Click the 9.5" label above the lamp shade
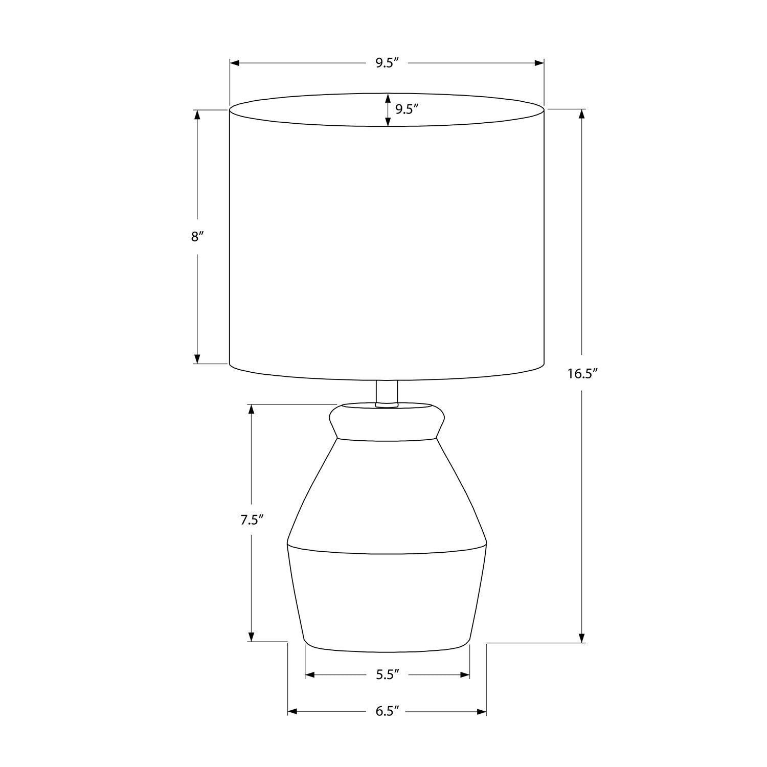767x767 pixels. pyautogui.click(x=387, y=63)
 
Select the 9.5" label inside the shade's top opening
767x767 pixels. pyautogui.click(x=407, y=109)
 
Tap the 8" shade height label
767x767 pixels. pyautogui.click(x=197, y=237)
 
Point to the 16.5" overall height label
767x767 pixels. pyautogui.click(x=582, y=374)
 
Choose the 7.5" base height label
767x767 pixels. pyautogui.click(x=252, y=521)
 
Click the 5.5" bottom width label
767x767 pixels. pyautogui.click(x=387, y=675)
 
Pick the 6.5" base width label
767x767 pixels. pyautogui.click(x=387, y=712)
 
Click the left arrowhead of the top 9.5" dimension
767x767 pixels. pyautogui.click(x=235, y=63)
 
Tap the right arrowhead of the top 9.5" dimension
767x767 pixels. pyautogui.click(x=539, y=63)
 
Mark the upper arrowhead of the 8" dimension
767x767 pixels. pyautogui.click(x=197, y=115)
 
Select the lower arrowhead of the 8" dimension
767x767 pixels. pyautogui.click(x=197, y=359)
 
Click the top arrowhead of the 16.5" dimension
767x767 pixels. pyautogui.click(x=582, y=114)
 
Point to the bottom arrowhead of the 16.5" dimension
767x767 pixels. pyautogui.click(x=582, y=638)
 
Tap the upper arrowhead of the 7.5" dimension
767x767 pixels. pyautogui.click(x=251, y=409)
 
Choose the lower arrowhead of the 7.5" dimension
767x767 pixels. pyautogui.click(x=251, y=636)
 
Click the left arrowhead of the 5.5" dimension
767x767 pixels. pyautogui.click(x=310, y=675)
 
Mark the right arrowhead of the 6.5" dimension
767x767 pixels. pyautogui.click(x=481, y=712)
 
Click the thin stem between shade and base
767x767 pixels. pyautogui.click(x=387, y=393)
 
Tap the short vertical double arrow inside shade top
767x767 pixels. pyautogui.click(x=388, y=110)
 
